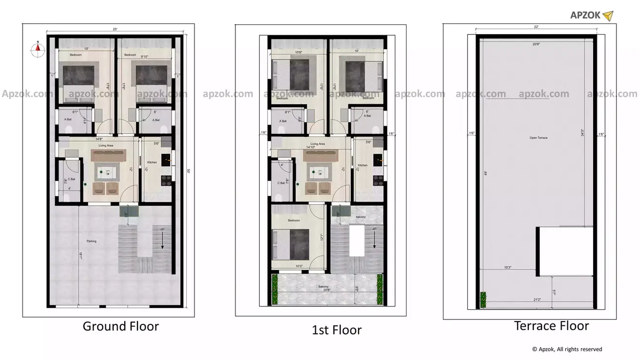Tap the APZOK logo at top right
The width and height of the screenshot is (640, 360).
pos(591,16)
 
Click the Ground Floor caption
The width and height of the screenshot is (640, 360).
pos(120,326)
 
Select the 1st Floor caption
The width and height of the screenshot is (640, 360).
pos(336,330)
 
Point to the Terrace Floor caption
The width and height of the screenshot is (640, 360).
pos(551,325)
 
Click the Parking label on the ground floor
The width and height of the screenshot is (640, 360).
pos(92,241)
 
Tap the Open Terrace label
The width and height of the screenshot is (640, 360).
pos(538,138)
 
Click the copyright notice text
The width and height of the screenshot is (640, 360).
pos(567,349)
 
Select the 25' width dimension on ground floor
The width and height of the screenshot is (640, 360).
pos(115,30)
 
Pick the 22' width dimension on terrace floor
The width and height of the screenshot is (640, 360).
pos(536,27)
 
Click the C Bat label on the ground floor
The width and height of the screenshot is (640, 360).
pos(71,179)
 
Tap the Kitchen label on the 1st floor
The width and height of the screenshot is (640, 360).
pos(362,165)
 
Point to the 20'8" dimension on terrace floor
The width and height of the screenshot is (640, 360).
pos(536,44)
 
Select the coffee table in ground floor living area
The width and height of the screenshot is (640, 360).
pos(108,171)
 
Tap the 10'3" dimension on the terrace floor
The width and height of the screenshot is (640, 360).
pos(507,267)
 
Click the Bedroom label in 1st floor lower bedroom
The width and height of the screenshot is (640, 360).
pos(294,221)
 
